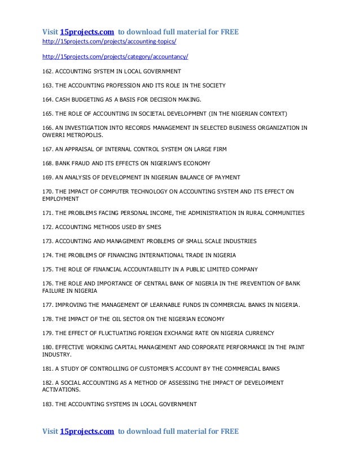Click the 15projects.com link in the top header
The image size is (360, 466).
coord(87,32)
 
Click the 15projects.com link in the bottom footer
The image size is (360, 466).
coord(87,432)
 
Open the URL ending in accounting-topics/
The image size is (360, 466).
coord(113,42)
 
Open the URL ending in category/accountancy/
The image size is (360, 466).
coord(116,57)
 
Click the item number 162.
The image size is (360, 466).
coord(49,72)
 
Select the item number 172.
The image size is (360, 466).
coord(49,227)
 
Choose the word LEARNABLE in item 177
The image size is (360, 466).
coord(160,305)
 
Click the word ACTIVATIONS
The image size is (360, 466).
coord(62,390)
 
